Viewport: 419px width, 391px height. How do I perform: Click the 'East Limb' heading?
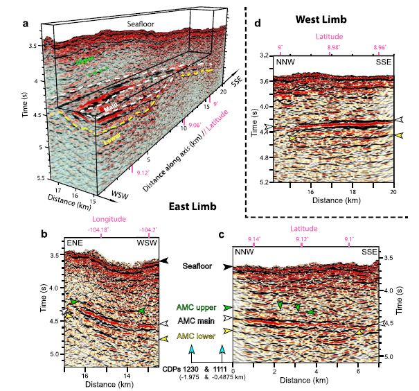coord(193,207)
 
